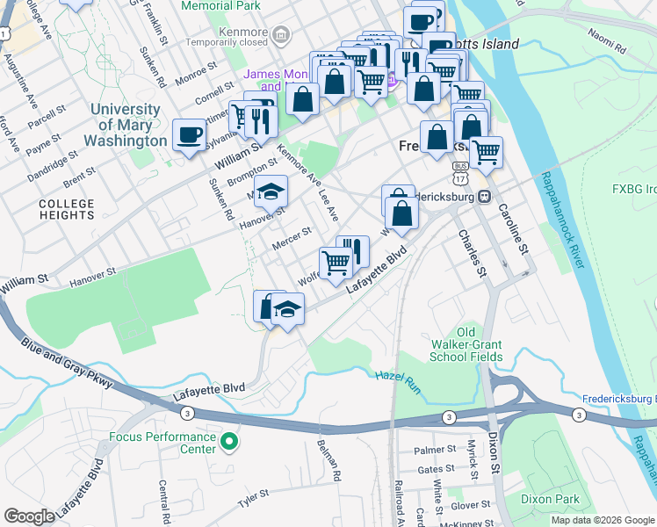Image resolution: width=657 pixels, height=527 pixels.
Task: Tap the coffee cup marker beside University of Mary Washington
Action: click(189, 135)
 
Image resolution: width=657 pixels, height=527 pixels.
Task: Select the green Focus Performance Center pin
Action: click(229, 442)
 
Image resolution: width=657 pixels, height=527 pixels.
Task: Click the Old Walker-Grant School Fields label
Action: click(466, 344)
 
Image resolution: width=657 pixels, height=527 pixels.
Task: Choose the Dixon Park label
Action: click(549, 498)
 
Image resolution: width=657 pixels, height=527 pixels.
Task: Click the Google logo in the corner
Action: click(30, 516)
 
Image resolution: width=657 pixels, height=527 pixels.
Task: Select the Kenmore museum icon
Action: click(281, 36)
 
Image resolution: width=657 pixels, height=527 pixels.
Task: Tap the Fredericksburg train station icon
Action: click(483, 197)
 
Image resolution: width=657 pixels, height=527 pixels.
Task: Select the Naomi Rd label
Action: click(605, 39)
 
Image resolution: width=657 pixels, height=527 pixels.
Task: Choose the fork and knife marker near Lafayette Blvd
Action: click(352, 250)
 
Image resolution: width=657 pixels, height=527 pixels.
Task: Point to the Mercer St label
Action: click(293, 238)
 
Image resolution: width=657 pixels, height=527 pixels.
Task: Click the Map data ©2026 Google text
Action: click(603, 520)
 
